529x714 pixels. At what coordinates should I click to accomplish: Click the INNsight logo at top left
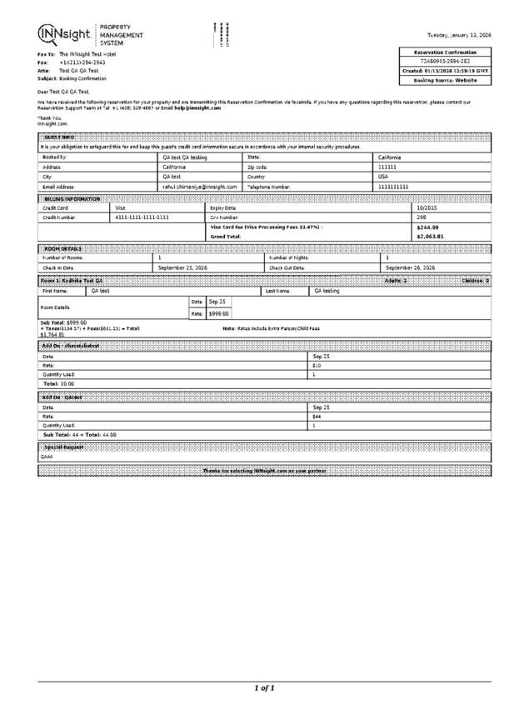coord(64,33)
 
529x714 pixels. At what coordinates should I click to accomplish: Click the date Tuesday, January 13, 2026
coord(458,36)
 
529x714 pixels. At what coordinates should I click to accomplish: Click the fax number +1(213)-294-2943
coord(82,62)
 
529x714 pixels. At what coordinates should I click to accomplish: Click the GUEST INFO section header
coord(58,137)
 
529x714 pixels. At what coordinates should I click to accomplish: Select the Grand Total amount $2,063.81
coord(430,237)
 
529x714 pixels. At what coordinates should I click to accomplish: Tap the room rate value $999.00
coord(218,313)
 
